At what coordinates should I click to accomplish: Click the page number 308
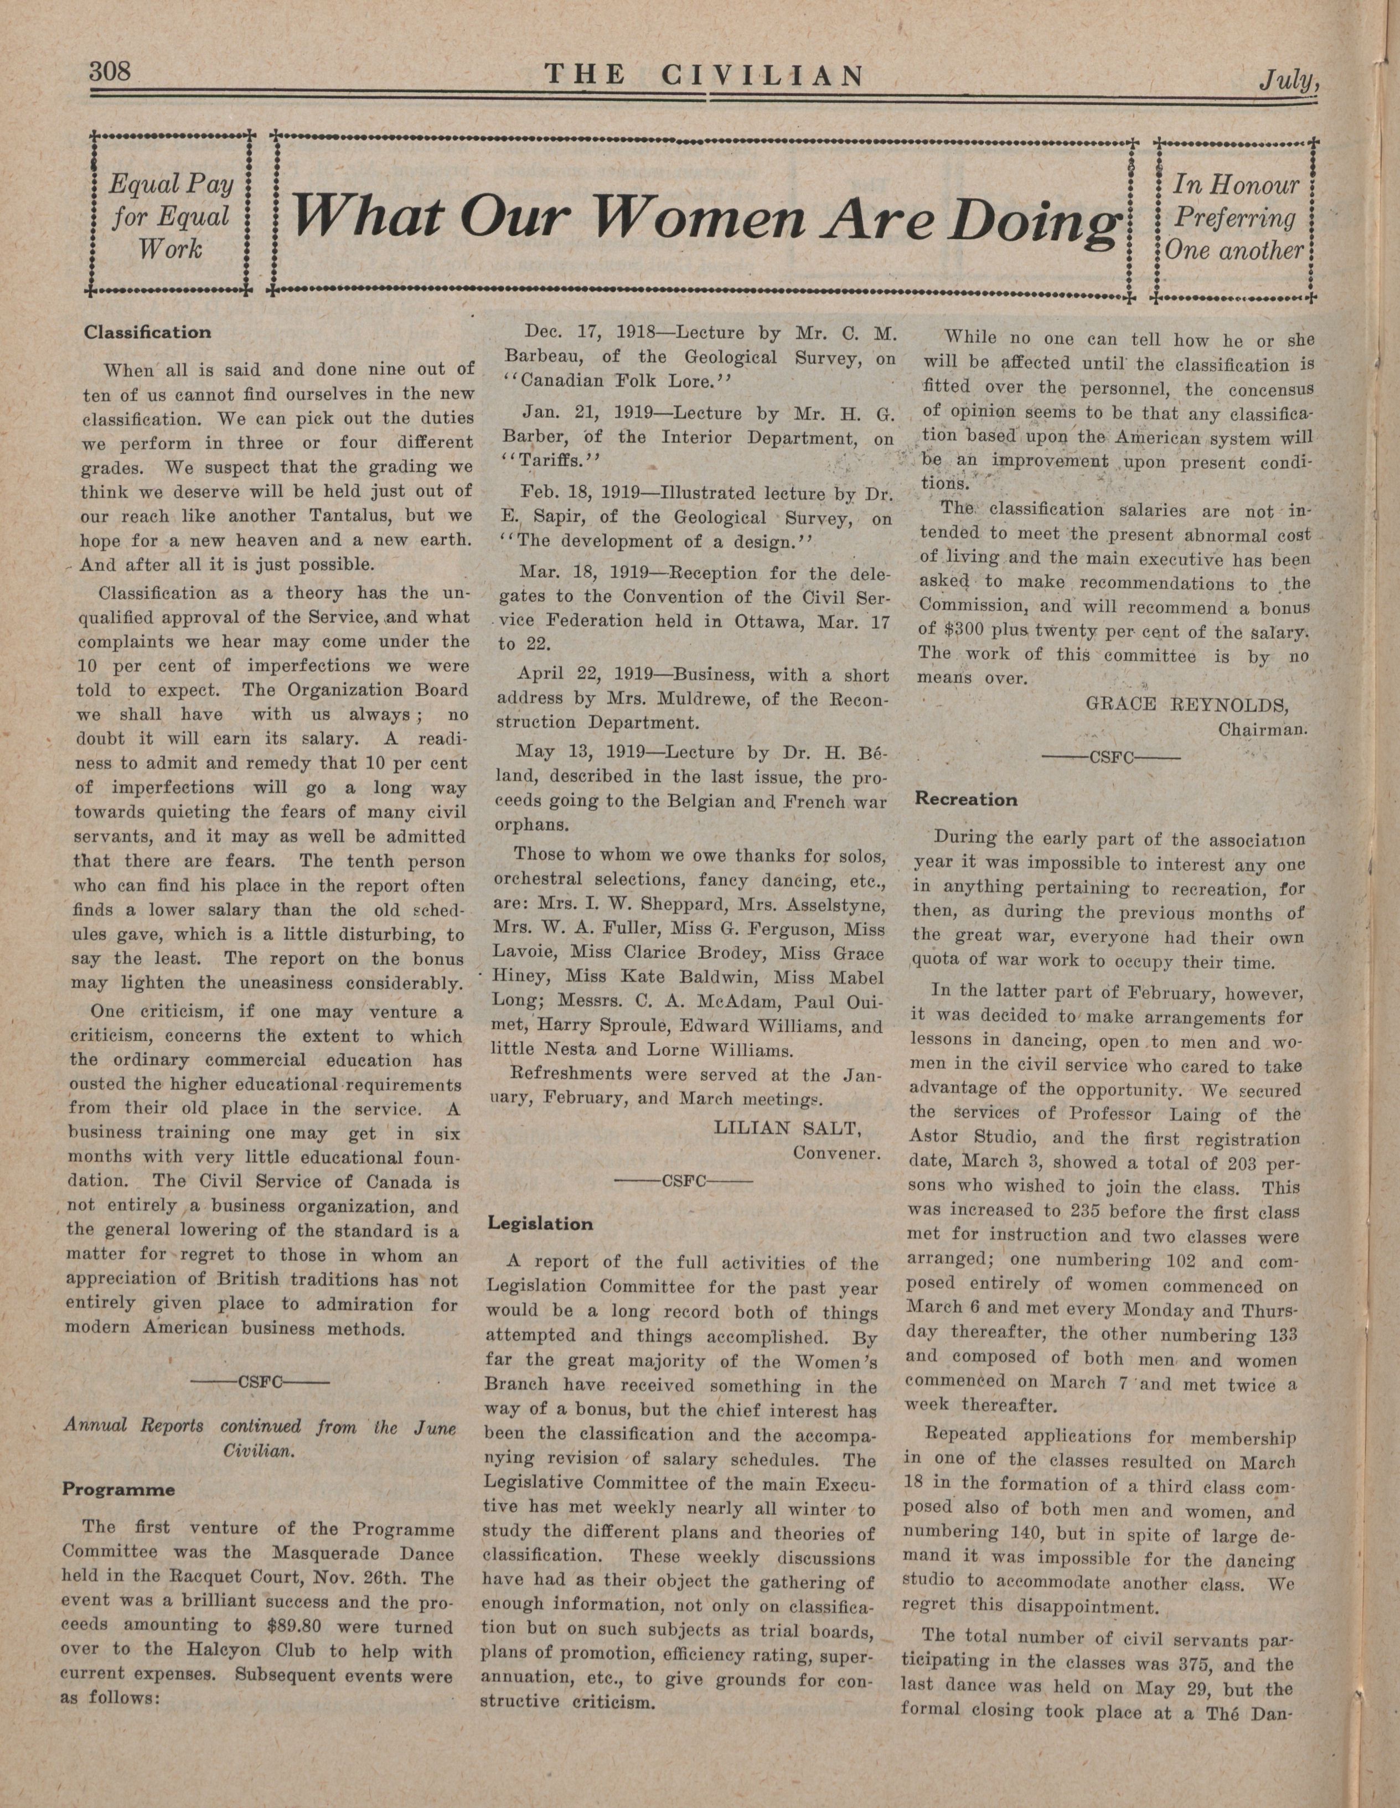[110, 71]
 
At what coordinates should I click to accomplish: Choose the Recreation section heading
[965, 800]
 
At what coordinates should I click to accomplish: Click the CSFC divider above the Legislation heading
[683, 1182]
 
